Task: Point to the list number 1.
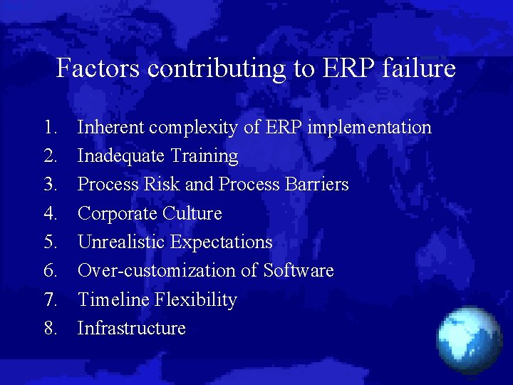click(x=50, y=128)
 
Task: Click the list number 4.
click(x=50, y=214)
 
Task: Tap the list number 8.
click(x=50, y=329)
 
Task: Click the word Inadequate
click(x=121, y=156)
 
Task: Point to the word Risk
click(x=162, y=185)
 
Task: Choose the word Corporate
click(x=118, y=214)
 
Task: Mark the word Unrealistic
click(x=121, y=242)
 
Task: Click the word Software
click(x=299, y=271)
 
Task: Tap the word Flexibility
click(x=196, y=300)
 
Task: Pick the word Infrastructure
click(x=132, y=329)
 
